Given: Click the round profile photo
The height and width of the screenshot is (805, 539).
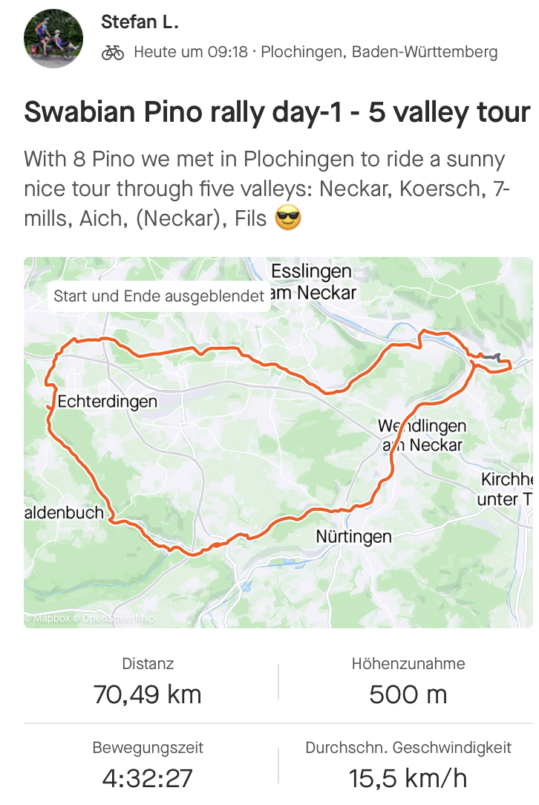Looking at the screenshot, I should (x=53, y=39).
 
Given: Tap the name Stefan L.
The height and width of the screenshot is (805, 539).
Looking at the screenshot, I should (x=140, y=22).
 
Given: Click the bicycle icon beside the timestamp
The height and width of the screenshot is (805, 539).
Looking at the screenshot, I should (x=113, y=52).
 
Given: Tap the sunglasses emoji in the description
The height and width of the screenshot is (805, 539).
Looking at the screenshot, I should (x=288, y=219).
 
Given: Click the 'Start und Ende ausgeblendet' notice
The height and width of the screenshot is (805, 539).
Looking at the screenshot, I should (x=159, y=296).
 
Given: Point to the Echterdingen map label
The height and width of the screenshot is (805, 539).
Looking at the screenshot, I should (x=107, y=402).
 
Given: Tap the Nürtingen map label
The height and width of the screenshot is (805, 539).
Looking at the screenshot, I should (x=353, y=536).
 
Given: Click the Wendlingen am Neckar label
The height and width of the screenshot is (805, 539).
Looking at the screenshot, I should (x=422, y=436).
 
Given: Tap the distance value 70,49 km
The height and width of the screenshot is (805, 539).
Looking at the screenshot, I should (x=147, y=694).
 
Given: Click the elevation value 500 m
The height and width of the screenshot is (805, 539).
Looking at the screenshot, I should (x=408, y=694).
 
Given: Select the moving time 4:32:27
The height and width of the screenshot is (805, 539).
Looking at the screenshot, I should (x=147, y=778).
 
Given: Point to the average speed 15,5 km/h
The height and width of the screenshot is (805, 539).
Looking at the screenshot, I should (x=408, y=778).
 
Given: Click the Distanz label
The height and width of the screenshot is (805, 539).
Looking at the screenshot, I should (x=148, y=664).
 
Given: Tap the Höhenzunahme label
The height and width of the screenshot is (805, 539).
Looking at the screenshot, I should (x=408, y=664).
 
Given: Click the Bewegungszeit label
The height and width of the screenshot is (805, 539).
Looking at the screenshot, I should (x=148, y=748).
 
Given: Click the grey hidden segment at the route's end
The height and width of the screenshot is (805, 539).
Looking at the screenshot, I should (x=491, y=357).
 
